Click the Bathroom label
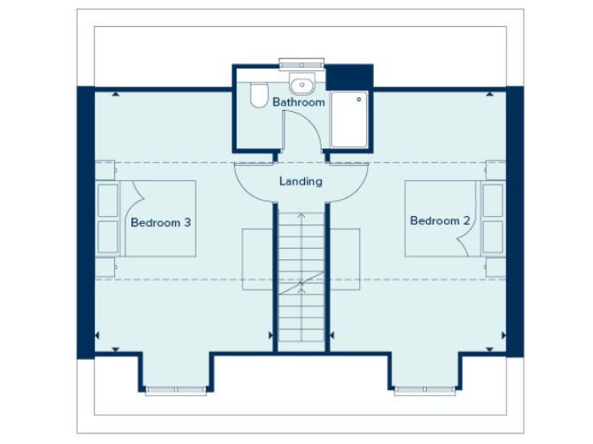pos(299,102)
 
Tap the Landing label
pos(300,182)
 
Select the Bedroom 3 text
pos(161,222)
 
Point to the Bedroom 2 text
pos(439,220)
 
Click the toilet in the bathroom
pos(258,95)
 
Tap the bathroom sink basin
pos(302,84)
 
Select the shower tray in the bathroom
pos(349,119)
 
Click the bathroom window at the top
pos(302,62)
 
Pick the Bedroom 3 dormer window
pos(175,390)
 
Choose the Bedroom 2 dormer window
pos(425,390)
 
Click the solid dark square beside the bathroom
pos(350,77)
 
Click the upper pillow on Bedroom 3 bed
pos(107,200)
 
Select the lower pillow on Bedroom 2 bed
pos(493,237)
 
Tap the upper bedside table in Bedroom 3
pos(105,170)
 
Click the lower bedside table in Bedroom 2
pos(496,267)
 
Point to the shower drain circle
pos(359,99)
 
